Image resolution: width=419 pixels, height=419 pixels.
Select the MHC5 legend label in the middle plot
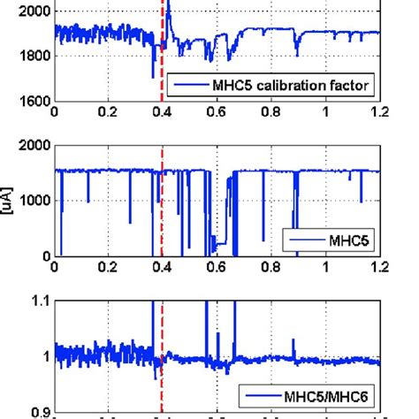tap(348, 240)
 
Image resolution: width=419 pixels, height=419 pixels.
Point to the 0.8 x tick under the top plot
tap(271, 112)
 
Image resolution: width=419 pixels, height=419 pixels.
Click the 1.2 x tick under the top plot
tap(379, 112)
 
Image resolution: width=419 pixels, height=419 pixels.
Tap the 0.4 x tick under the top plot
tap(163, 112)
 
